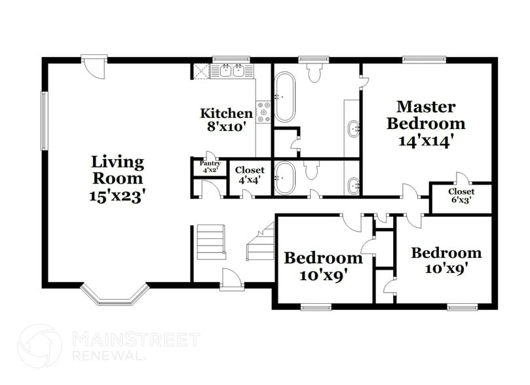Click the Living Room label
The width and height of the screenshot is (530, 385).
tap(117, 178)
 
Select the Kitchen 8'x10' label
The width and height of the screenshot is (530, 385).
tap(226, 120)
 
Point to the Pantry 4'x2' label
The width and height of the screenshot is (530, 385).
tap(210, 166)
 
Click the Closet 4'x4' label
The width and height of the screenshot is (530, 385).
tap(250, 174)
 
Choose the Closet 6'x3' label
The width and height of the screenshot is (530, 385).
tap(461, 196)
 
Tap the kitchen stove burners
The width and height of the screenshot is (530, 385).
tap(264, 112)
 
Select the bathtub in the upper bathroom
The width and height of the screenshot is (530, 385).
tap(284, 97)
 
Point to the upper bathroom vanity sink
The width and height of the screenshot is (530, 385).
tap(354, 128)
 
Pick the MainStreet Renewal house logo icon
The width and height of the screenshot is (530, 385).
tap(40, 345)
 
